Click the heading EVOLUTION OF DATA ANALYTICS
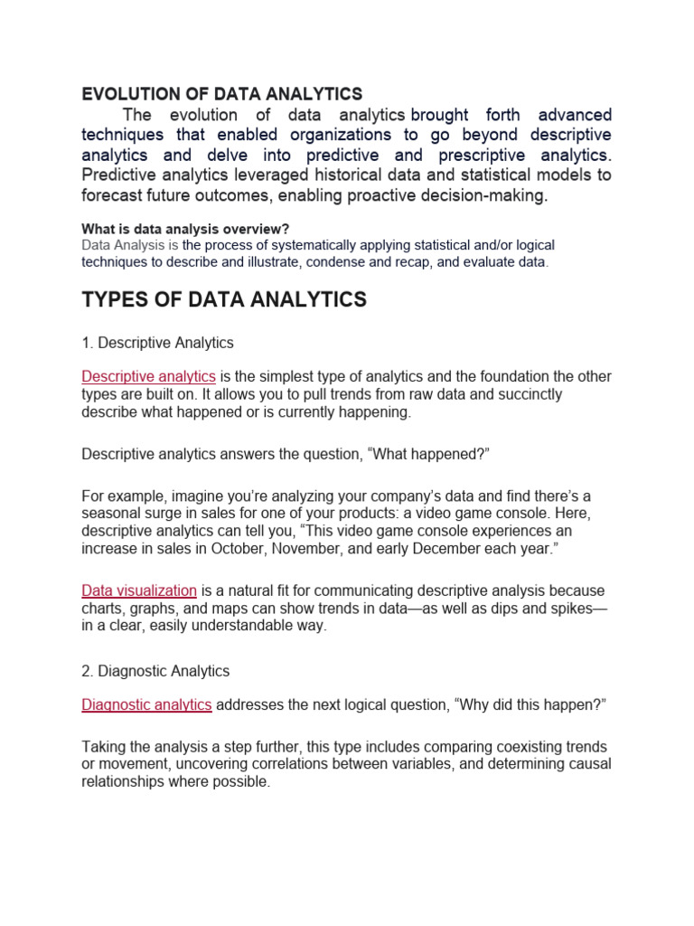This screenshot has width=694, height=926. [x=221, y=94]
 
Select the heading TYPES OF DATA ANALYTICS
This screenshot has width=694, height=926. [x=224, y=300]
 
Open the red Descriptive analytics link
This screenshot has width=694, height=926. [x=148, y=376]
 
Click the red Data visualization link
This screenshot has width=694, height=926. [x=139, y=591]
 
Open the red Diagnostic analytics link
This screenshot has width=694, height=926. [x=146, y=704]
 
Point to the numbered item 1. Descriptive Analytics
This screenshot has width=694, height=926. [x=157, y=343]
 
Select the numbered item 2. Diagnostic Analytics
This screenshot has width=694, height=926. [x=155, y=671]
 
